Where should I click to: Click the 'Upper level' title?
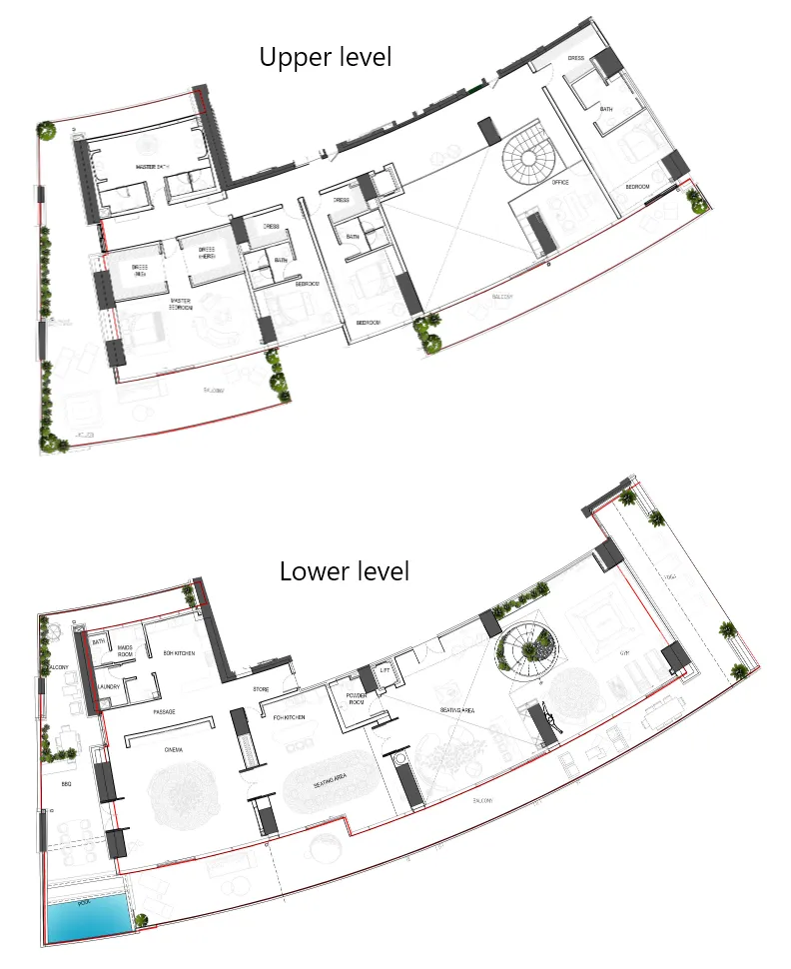(326, 57)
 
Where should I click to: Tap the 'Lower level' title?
(344, 571)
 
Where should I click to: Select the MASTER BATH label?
(152, 166)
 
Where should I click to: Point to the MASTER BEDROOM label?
(181, 304)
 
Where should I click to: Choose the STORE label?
(261, 689)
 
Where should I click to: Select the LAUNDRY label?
(110, 687)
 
